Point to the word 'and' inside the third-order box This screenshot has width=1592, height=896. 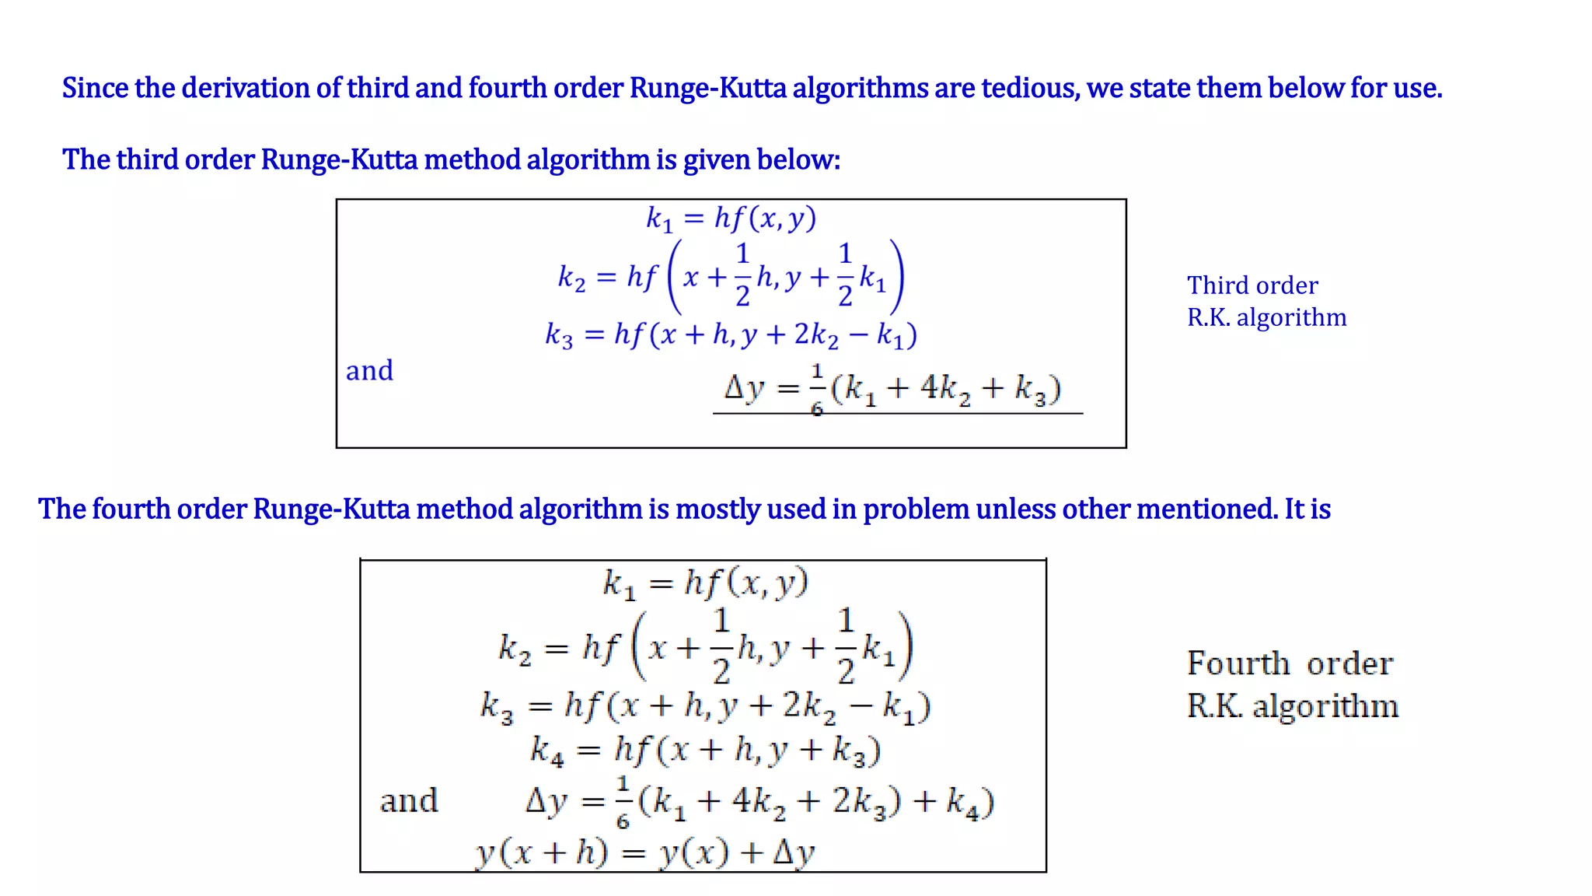369,370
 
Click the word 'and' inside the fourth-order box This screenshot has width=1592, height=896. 409,800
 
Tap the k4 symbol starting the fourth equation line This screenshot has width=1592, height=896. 547,751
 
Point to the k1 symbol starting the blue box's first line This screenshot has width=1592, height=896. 659,219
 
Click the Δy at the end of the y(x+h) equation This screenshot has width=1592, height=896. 794,853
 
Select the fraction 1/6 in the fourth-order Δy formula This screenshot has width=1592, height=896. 623,801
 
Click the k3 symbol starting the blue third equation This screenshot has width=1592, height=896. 559,335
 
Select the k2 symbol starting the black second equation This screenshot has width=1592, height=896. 515,648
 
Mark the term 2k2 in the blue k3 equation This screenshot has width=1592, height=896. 816,335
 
